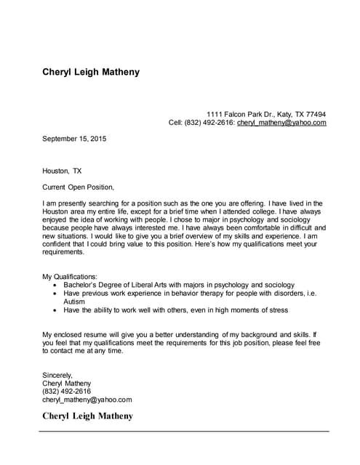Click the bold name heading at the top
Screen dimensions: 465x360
click(x=90, y=72)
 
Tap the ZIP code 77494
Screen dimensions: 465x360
click(x=315, y=114)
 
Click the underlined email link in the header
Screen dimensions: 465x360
click(x=281, y=123)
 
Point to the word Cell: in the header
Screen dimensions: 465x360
click(x=175, y=123)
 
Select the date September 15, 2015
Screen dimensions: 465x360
click(x=74, y=138)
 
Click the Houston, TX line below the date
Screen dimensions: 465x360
click(x=62, y=171)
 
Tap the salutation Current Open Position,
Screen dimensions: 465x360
click(x=78, y=187)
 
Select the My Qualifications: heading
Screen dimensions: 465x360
click(x=70, y=277)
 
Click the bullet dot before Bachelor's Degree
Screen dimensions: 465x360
click(x=55, y=286)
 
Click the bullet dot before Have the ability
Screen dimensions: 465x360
click(x=55, y=310)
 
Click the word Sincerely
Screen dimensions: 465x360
click(x=57, y=375)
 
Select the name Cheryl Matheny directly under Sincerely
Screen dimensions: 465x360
click(x=67, y=383)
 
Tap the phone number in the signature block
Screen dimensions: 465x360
click(x=67, y=391)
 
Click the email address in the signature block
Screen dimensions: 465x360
click(x=87, y=399)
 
